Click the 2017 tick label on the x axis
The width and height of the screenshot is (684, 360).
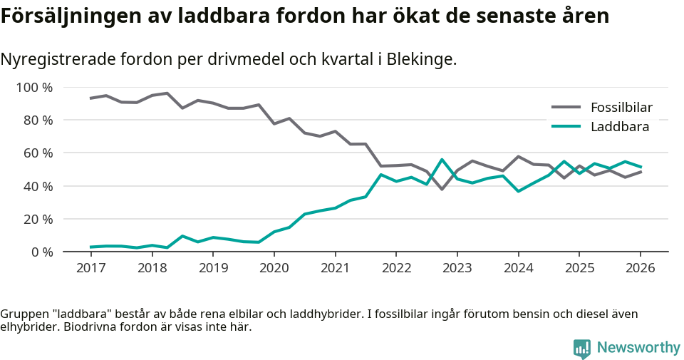pos(90,268)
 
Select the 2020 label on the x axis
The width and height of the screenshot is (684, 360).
pos(274,268)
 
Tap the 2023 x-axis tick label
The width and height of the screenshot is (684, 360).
pos(457,268)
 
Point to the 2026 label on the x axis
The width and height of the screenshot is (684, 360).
pos(640,268)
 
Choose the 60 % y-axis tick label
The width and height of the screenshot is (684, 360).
pos(38,153)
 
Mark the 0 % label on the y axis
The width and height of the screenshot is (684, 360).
pos(41,252)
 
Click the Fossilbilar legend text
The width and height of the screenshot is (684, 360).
pos(621,108)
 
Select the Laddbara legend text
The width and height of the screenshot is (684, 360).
pos(619,127)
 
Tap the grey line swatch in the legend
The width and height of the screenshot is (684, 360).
pos(566,108)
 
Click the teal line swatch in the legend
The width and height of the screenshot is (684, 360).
pos(566,127)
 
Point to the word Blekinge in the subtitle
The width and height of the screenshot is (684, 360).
pos(420,59)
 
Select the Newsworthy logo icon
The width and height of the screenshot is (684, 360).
pos(581,348)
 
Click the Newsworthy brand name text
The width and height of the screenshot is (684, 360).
pos(638,348)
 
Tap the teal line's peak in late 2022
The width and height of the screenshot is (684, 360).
pos(442,160)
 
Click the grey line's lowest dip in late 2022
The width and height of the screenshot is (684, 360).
pos(442,189)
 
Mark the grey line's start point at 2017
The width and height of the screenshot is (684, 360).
pos(90,98)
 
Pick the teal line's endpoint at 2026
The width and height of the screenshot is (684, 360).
pos(640,167)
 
